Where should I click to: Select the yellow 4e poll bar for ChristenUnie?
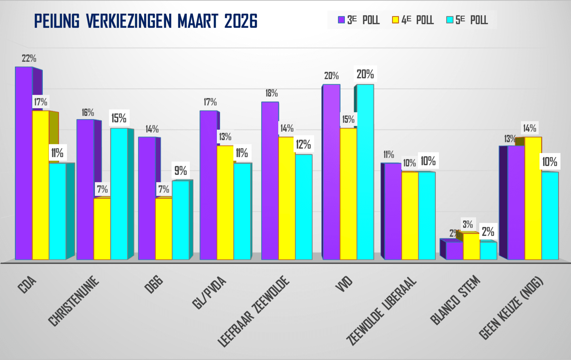[x=102, y=229]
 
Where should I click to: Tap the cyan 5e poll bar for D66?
[x=181, y=220]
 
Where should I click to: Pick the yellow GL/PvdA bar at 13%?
[x=225, y=202]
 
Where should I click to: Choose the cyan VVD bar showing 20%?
[x=365, y=172]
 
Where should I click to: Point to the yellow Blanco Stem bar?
[x=471, y=246]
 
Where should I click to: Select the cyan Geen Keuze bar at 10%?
[x=550, y=216]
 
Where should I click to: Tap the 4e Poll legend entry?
[x=413, y=20]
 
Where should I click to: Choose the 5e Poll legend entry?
[x=467, y=20]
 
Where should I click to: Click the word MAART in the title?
[x=198, y=21]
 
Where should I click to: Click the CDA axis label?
[x=27, y=285]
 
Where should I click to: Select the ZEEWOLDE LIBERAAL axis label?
[x=382, y=311]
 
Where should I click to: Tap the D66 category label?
[x=154, y=284]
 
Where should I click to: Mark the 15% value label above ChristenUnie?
[x=119, y=118]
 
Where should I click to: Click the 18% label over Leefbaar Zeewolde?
[x=271, y=93]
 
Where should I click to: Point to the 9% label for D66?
[x=181, y=171]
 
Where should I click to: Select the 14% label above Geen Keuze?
[x=529, y=128]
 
